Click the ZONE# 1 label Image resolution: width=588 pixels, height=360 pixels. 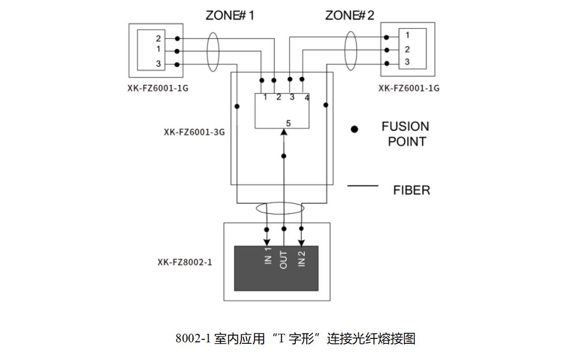pos(230,16)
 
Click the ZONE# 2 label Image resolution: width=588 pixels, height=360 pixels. pos(350,16)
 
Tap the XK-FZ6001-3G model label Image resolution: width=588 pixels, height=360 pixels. pos(194,132)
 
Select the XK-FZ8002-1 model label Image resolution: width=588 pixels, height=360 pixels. pos(184,262)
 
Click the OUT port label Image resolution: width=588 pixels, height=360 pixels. pos(284,260)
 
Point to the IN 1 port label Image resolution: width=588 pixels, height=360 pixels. pos(268,256)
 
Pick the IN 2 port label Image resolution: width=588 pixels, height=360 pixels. pos(301,259)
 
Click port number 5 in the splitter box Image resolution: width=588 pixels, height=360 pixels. pos(288,123)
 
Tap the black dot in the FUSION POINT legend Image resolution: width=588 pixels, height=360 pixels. pos(354,129)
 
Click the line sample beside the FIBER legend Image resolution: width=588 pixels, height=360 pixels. pos(363,186)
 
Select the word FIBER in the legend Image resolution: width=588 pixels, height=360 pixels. pos(411,190)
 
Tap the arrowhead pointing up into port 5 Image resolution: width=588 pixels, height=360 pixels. pos(284,132)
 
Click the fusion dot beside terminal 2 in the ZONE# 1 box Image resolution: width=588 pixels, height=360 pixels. pos(177,39)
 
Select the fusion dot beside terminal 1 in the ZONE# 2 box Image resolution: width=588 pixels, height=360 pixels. pos(386,37)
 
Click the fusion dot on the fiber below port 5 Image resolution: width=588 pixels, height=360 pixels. pos(284,156)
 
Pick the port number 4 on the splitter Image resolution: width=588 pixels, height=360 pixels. pos(307,98)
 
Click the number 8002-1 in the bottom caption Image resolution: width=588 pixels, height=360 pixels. pos(193,339)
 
